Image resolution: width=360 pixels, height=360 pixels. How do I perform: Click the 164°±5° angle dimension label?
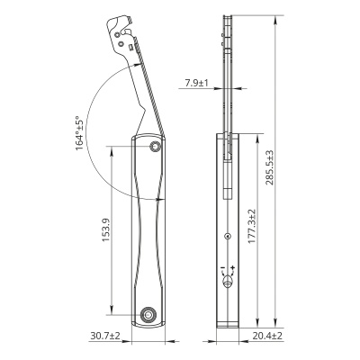(x=79, y=133)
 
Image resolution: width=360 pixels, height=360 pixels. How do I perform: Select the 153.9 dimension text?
(x=106, y=230)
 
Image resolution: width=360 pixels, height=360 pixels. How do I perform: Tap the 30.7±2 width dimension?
(x=105, y=336)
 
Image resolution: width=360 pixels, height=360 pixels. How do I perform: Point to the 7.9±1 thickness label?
(x=196, y=83)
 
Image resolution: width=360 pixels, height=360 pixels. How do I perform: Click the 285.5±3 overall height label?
(x=270, y=167)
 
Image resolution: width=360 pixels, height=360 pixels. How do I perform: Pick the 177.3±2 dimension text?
(x=252, y=226)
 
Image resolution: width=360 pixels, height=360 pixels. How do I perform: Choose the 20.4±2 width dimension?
(x=267, y=336)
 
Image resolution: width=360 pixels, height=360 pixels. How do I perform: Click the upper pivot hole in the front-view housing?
(x=156, y=147)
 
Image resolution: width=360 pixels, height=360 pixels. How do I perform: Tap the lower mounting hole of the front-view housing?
(x=148, y=315)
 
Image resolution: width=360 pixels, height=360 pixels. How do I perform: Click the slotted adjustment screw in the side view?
(x=228, y=282)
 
